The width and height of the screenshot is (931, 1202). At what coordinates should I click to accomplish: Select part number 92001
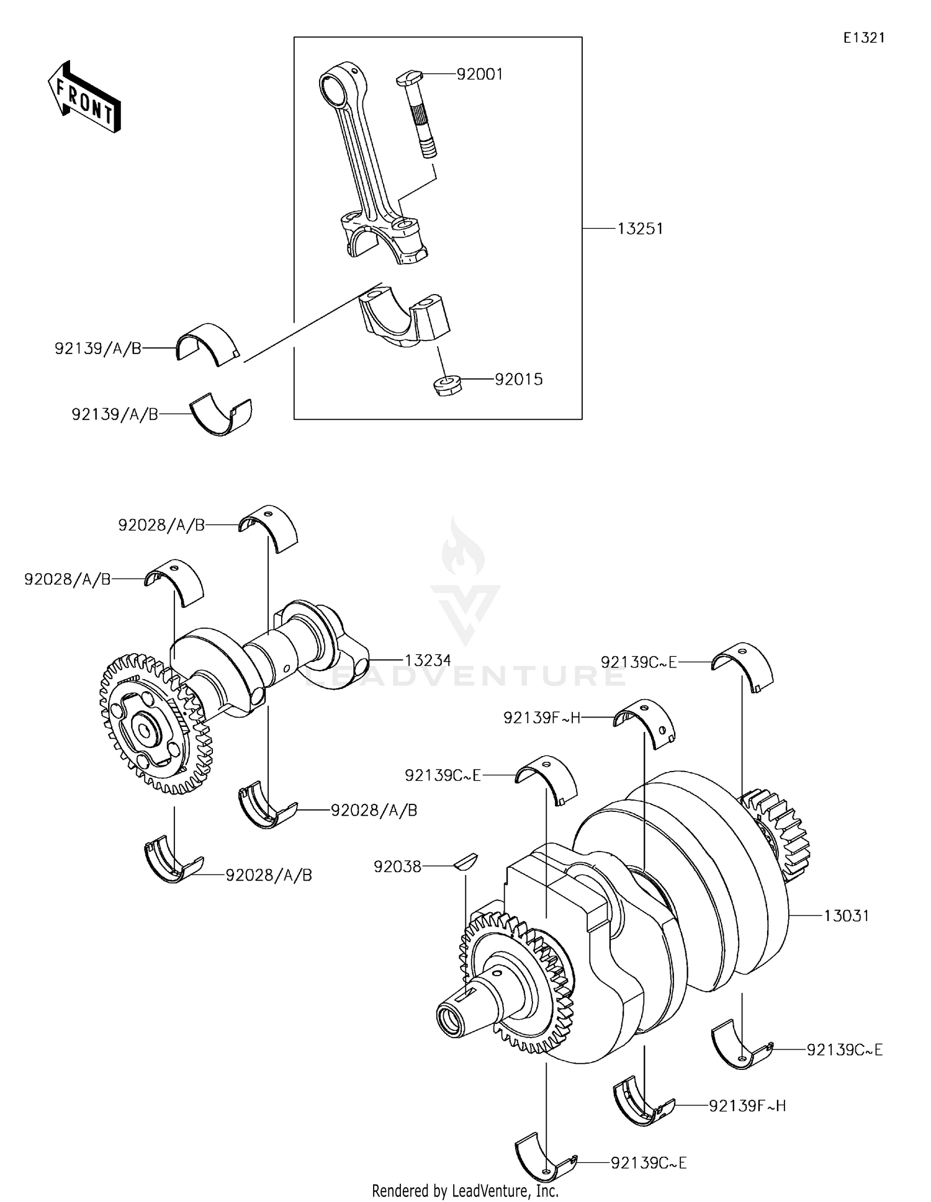[x=479, y=74]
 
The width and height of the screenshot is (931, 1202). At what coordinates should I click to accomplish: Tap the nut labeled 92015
[x=446, y=385]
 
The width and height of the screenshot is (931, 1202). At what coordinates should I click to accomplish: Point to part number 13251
[x=640, y=229]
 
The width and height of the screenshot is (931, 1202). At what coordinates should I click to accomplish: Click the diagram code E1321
[x=864, y=38]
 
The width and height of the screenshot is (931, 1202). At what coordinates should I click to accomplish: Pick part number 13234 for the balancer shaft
[x=428, y=661]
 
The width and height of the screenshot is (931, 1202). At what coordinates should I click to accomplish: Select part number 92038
[x=397, y=866]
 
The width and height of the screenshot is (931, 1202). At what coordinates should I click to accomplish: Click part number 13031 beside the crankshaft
[x=847, y=915]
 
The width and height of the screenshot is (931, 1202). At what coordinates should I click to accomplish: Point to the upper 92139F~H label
[x=541, y=718]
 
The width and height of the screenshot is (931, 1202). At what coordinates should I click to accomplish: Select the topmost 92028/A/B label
[x=161, y=525]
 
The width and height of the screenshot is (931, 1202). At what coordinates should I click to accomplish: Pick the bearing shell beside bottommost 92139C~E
[x=544, y=1162]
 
